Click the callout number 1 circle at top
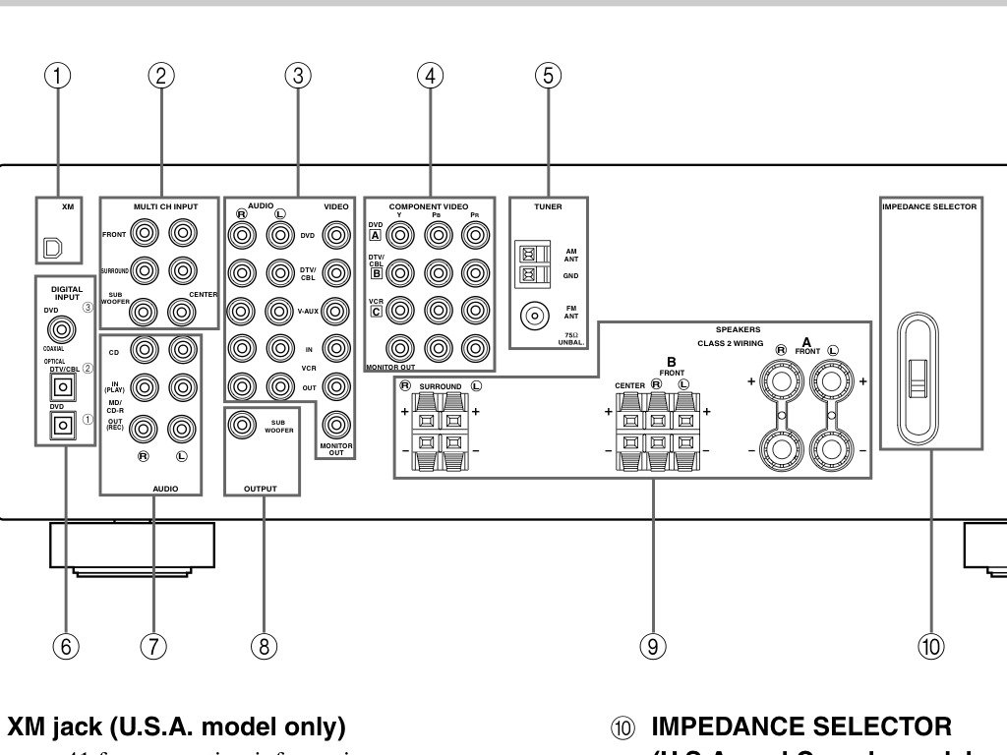tap(61, 76)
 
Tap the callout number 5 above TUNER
tap(549, 76)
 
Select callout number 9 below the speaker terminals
tap(652, 645)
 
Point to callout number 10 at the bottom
tap(930, 645)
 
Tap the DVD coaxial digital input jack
tap(66, 324)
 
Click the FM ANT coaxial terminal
tap(535, 317)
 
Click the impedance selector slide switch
tap(918, 377)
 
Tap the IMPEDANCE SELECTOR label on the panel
tap(929, 207)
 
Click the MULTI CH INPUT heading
tap(165, 206)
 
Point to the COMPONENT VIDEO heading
tap(428, 206)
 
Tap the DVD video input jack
tap(336, 236)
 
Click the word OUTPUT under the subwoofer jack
tap(260, 488)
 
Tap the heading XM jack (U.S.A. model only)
tap(177, 727)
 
